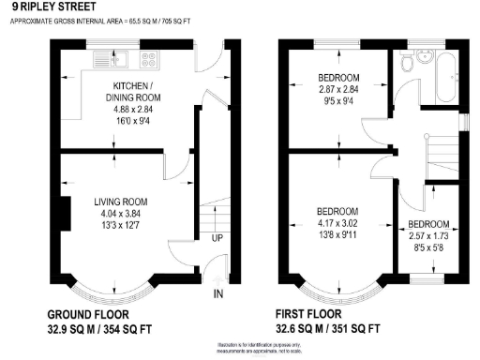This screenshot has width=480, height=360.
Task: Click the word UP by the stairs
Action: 217,238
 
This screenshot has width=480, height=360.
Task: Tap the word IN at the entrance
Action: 219,295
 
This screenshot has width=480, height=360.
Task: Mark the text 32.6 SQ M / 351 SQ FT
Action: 328,329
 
